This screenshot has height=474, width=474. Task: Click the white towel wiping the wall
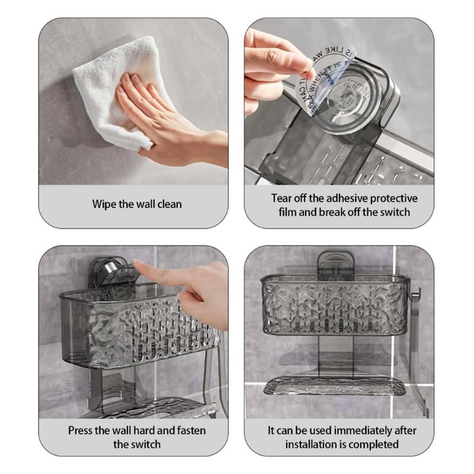[x=107, y=95]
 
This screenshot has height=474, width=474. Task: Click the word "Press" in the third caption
[x=82, y=430]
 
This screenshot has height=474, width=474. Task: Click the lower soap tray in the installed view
[x=335, y=386]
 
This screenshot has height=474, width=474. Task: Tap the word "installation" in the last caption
[x=312, y=444]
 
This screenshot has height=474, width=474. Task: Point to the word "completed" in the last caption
[x=374, y=444]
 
